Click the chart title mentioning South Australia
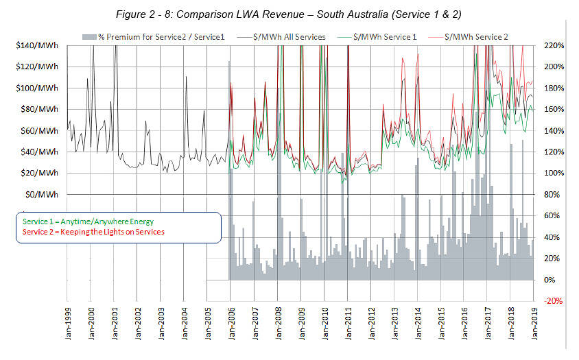click(289, 12)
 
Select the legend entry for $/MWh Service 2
click(479, 36)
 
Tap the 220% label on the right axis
click(553, 45)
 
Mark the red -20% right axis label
click(553, 300)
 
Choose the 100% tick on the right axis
click(553, 173)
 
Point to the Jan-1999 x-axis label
click(68, 326)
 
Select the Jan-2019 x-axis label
click(534, 326)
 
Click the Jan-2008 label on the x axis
click(278, 326)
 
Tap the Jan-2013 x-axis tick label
click(394, 326)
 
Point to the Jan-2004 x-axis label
click(185, 326)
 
